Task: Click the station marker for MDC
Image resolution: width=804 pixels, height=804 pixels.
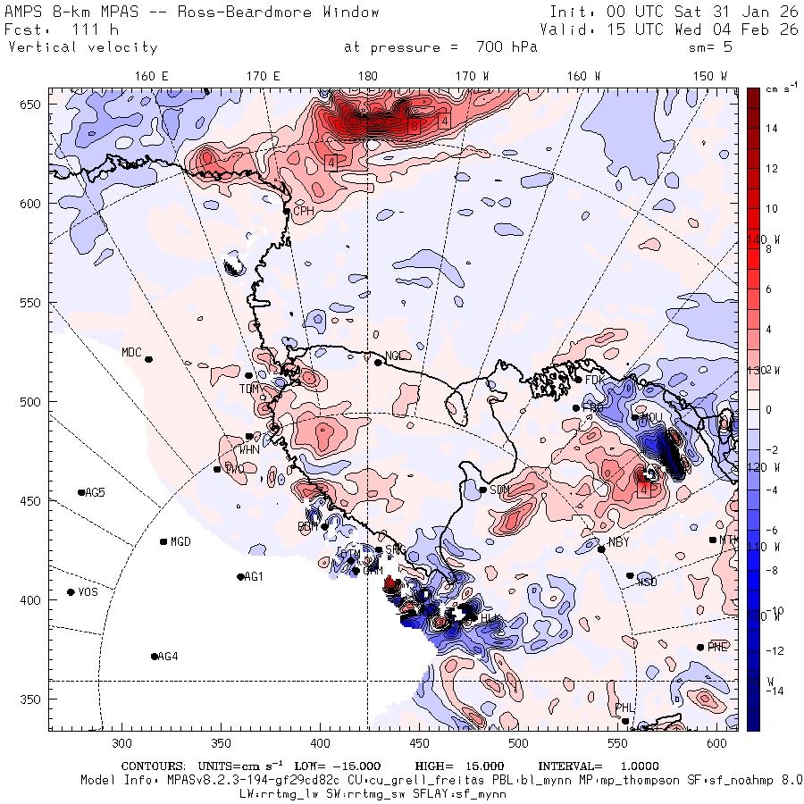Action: click(149, 359)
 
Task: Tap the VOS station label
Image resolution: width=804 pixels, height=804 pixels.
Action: click(88, 592)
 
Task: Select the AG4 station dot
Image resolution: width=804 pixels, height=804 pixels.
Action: click(155, 657)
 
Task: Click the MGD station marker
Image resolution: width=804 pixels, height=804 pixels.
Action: click(163, 541)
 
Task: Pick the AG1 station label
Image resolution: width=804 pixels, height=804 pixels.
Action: click(255, 576)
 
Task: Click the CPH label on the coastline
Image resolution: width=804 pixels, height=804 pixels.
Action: click(305, 211)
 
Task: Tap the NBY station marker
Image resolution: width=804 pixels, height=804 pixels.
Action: click(601, 549)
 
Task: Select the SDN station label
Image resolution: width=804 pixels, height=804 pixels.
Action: click(499, 490)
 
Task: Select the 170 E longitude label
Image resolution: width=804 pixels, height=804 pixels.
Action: click(264, 76)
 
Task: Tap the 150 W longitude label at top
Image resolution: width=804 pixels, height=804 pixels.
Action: click(711, 76)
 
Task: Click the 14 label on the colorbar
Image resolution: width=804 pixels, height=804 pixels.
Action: click(772, 129)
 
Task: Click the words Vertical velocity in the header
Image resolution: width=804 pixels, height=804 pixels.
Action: click(83, 47)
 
